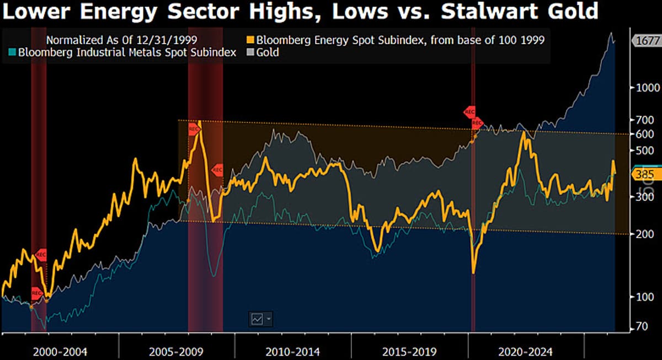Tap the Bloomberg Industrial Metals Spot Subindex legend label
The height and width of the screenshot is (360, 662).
coord(127,53)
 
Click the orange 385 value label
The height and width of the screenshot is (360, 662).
coord(644,175)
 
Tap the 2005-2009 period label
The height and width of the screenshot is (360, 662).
coord(177,351)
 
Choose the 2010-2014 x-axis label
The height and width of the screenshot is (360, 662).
coord(292,351)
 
